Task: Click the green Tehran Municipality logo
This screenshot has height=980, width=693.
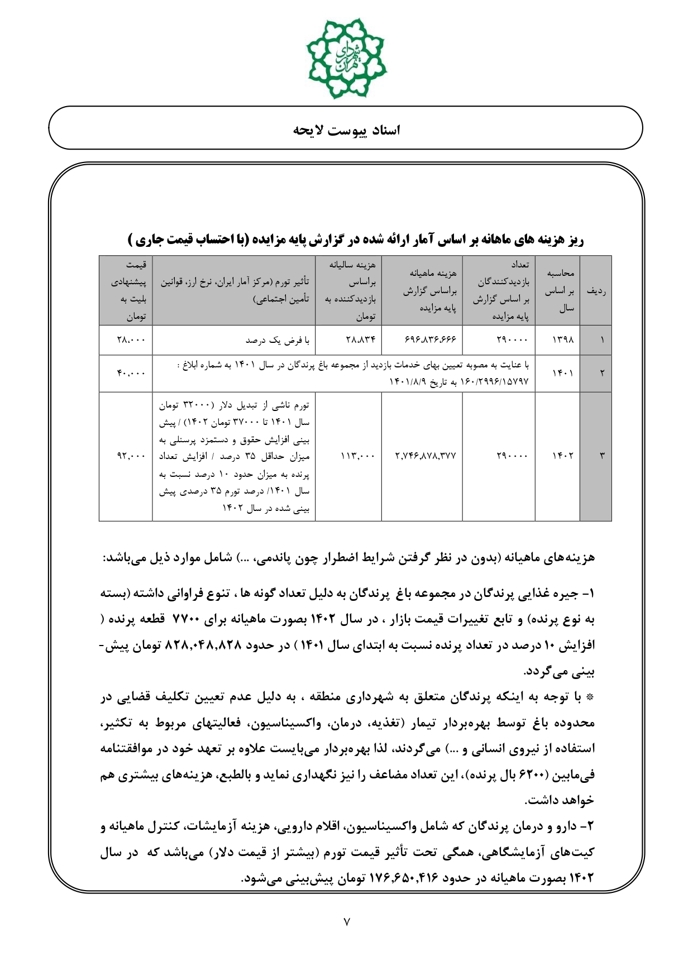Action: [x=346, y=58]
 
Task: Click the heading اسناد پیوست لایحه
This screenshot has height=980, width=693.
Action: [x=346, y=131]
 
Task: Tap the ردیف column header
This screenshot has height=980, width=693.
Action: [x=596, y=290]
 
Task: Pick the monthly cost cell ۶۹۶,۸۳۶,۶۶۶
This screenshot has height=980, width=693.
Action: [x=429, y=340]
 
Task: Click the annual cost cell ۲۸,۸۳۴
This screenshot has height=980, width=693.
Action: [x=361, y=340]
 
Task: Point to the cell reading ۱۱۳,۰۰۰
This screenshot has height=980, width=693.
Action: [x=357, y=456]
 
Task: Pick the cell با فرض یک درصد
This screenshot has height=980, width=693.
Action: [x=278, y=340]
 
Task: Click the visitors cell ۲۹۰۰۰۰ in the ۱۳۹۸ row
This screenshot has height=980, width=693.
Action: [x=512, y=340]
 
